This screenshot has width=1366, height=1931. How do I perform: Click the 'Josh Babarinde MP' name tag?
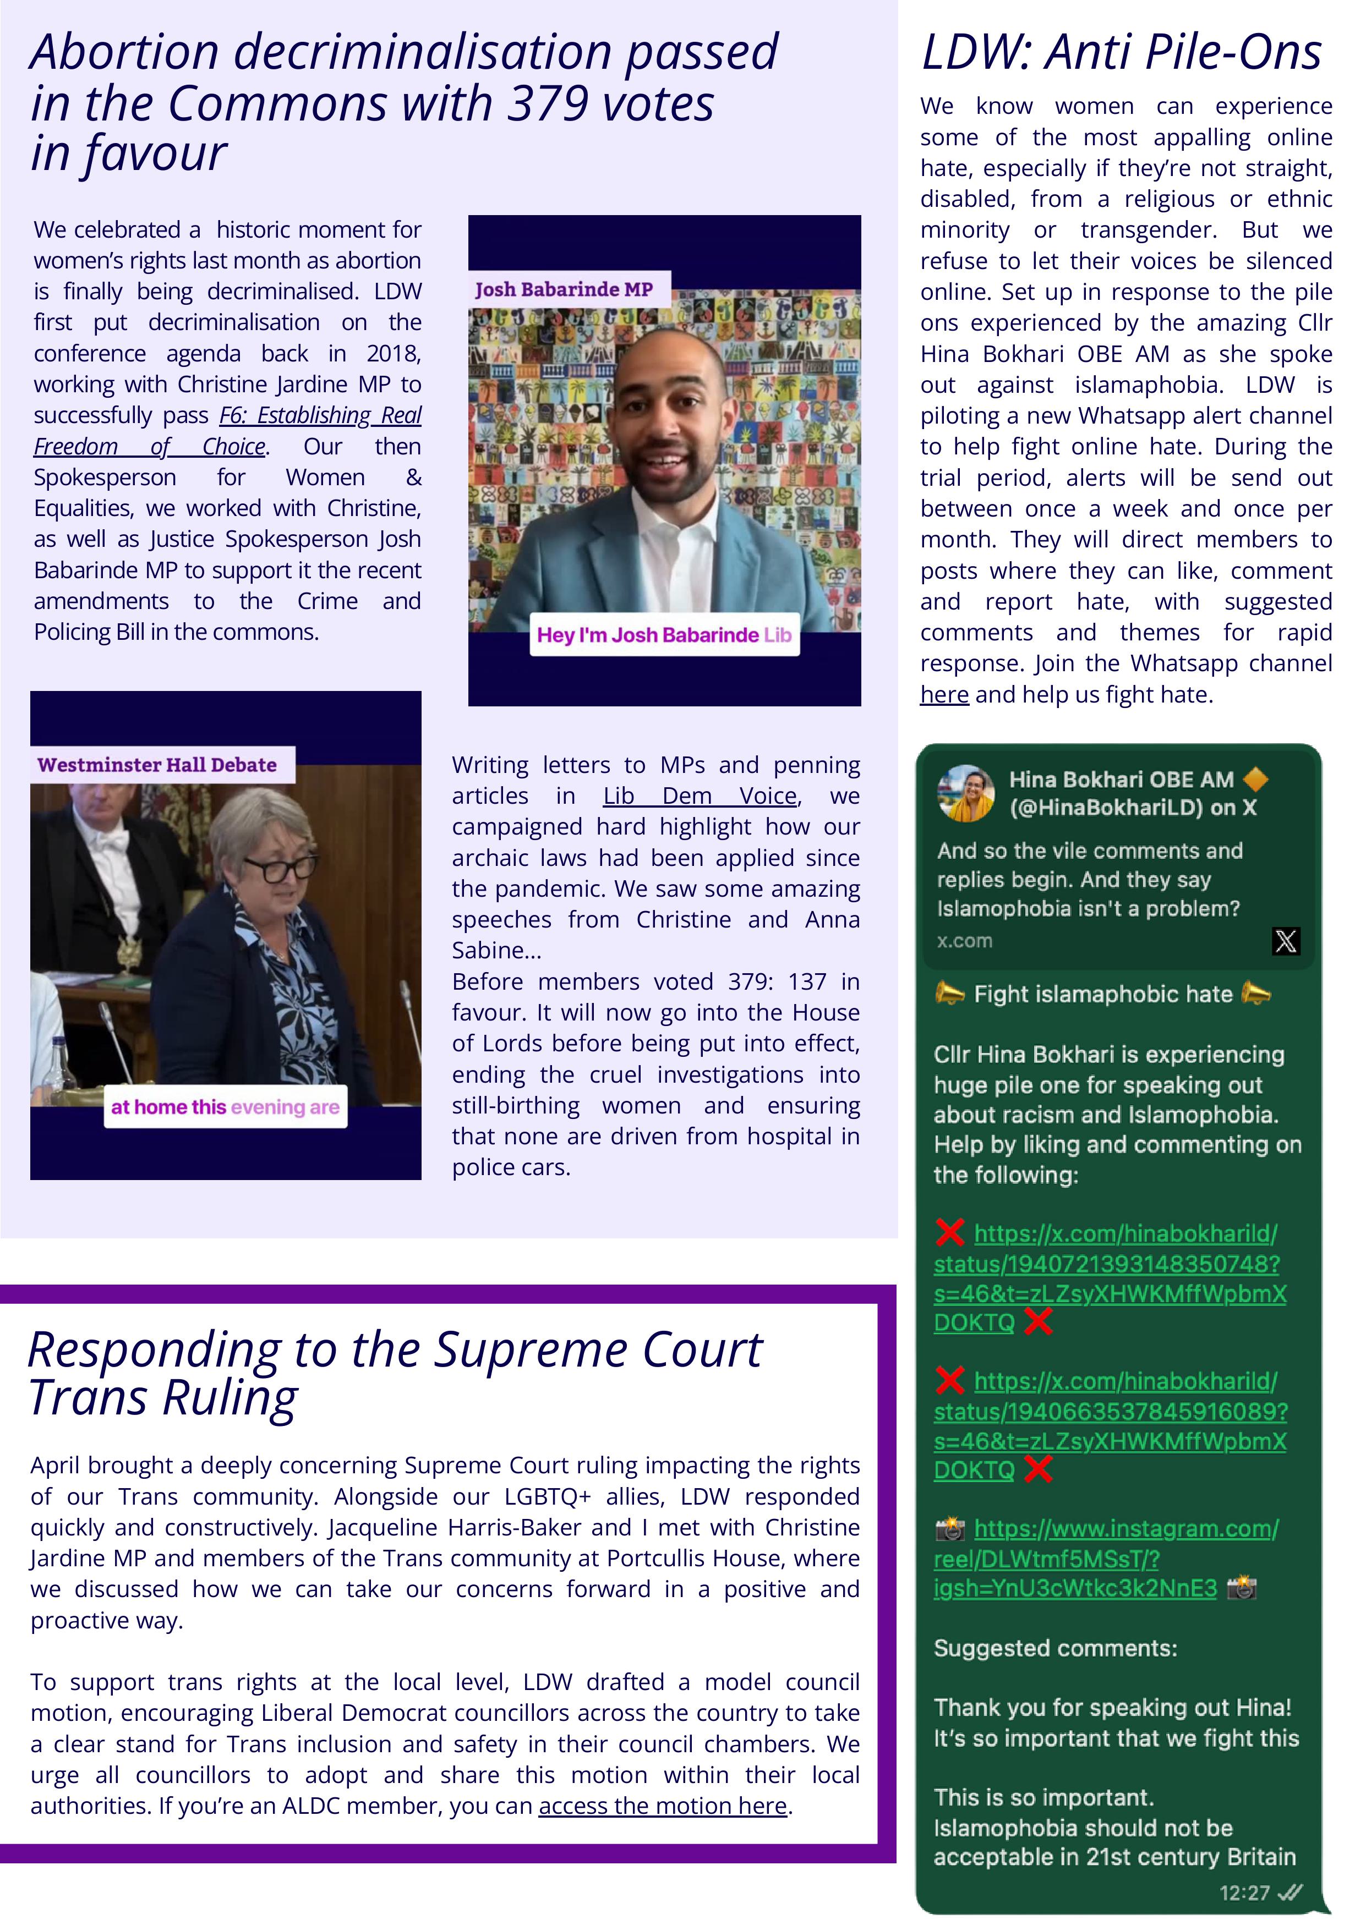pyautogui.click(x=564, y=289)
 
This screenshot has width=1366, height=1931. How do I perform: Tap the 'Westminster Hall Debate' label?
pyautogui.click(x=157, y=765)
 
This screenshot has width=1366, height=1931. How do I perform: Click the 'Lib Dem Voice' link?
pyautogui.click(x=700, y=796)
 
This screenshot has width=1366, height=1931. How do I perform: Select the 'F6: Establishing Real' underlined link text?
pyautogui.click(x=320, y=415)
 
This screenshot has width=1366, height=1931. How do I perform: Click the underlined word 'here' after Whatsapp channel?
pyautogui.click(x=944, y=695)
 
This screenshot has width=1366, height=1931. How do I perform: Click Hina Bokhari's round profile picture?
pyautogui.click(x=966, y=792)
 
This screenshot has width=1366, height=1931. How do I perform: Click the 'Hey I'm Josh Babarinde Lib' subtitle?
pyautogui.click(x=664, y=635)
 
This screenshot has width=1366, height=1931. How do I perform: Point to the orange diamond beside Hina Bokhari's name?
pyautogui.click(x=1255, y=780)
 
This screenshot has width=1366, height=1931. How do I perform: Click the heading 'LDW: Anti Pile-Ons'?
pyautogui.click(x=1121, y=52)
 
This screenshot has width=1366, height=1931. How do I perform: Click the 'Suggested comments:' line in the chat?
pyautogui.click(x=1055, y=1648)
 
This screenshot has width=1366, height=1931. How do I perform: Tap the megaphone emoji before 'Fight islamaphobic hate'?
pyautogui.click(x=949, y=994)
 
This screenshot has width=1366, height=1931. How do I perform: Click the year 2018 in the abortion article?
pyautogui.click(x=394, y=353)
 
